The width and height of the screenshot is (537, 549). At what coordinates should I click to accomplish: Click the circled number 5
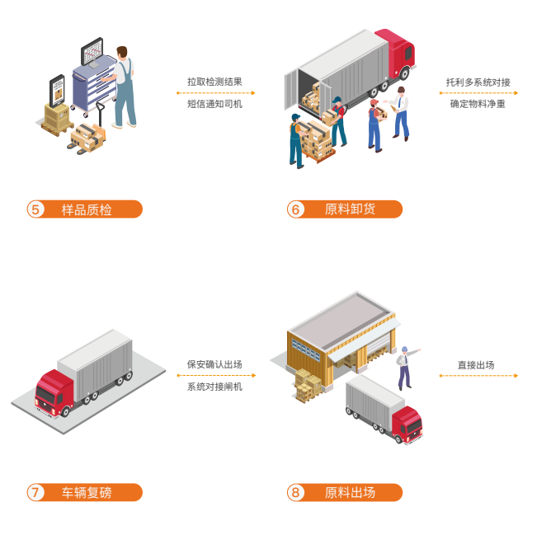pyautogui.click(x=35, y=209)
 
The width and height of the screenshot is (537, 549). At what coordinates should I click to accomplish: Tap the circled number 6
pyautogui.click(x=296, y=209)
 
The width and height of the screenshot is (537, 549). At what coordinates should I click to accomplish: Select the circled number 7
pyautogui.click(x=35, y=492)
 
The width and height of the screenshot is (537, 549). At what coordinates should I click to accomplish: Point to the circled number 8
pyautogui.click(x=296, y=492)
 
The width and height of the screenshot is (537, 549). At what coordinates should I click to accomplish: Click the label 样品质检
pyautogui.click(x=87, y=209)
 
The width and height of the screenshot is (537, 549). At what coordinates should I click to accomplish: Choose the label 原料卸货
pyautogui.click(x=350, y=209)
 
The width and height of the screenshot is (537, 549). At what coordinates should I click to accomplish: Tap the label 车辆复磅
pyautogui.click(x=87, y=493)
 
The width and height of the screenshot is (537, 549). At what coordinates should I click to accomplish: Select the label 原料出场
pyautogui.click(x=350, y=493)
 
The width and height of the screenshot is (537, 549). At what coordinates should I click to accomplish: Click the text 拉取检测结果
pyautogui.click(x=214, y=82)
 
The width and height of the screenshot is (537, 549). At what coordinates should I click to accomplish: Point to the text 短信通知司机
pyautogui.click(x=214, y=104)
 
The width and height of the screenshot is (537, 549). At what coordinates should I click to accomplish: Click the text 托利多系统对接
pyautogui.click(x=478, y=82)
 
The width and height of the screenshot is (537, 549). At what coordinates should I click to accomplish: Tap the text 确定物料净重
pyautogui.click(x=478, y=104)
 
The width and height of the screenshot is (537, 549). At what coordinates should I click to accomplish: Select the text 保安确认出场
pyautogui.click(x=214, y=364)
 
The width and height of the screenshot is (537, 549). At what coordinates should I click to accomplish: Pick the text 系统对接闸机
pyautogui.click(x=214, y=387)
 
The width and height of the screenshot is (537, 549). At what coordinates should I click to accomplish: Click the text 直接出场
pyautogui.click(x=476, y=365)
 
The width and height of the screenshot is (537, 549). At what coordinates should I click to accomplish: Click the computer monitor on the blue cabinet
pyautogui.click(x=92, y=51)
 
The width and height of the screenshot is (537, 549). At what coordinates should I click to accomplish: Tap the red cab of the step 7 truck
pyautogui.click(x=54, y=393)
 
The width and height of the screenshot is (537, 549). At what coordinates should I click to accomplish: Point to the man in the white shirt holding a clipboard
pyautogui.click(x=401, y=114)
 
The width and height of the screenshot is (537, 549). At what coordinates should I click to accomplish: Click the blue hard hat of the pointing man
pyautogui.click(x=404, y=349)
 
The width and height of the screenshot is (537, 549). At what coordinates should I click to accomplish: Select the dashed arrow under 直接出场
pyautogui.click(x=479, y=376)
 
